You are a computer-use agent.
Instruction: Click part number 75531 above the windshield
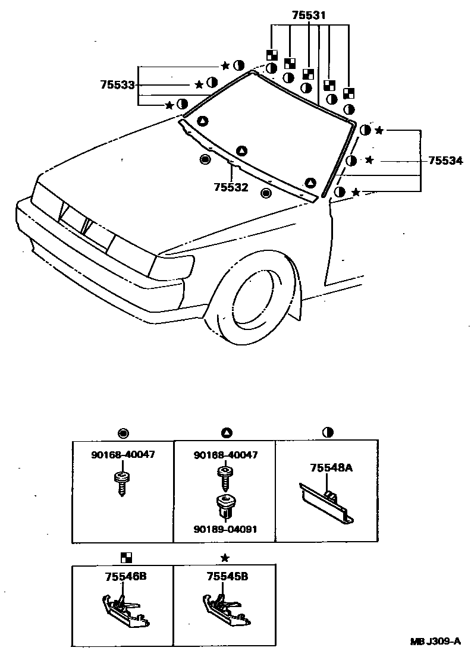(x=309, y=15)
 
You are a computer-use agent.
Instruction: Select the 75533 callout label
(x=118, y=85)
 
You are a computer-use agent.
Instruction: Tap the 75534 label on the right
(x=445, y=160)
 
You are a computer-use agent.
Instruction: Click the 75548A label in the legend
(x=331, y=468)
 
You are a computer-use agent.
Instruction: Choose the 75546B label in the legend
(x=122, y=576)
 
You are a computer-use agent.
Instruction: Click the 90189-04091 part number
(x=225, y=529)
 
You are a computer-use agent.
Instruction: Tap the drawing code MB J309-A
(x=435, y=641)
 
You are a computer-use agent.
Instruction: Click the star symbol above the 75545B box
(x=225, y=558)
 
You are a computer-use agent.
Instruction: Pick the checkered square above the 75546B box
(x=125, y=558)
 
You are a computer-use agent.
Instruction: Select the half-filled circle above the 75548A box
(x=326, y=432)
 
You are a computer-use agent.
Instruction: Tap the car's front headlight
(x=172, y=266)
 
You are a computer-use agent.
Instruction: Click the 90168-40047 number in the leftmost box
(x=123, y=455)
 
